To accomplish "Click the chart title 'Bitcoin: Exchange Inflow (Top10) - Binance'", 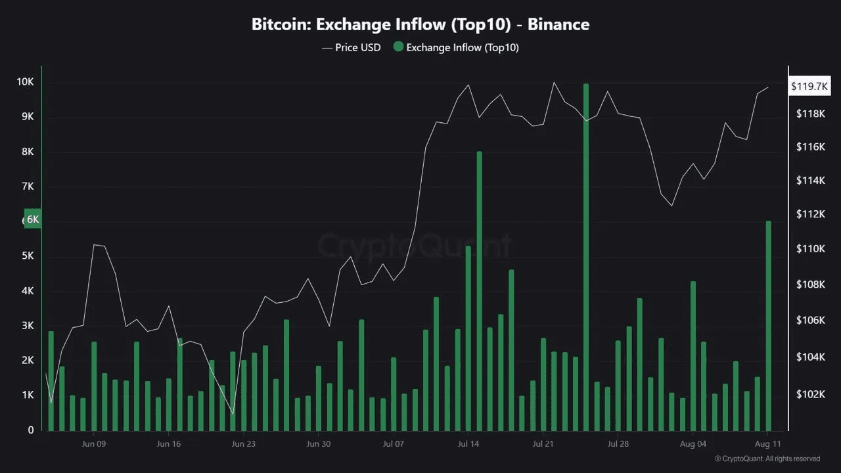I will point(420,25).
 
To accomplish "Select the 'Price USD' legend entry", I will point(352,47).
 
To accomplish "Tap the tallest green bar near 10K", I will point(586,256).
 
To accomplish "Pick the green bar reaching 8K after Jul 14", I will point(479,289).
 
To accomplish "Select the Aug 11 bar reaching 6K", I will point(768,325).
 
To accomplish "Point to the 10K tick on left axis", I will point(25,82).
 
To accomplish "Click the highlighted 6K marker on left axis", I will point(32,219).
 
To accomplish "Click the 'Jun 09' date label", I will point(93,444).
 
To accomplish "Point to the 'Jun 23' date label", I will point(243,444).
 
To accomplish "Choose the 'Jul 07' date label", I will point(393,444).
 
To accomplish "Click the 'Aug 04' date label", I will point(693,444).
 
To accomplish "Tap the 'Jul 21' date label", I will point(543,444).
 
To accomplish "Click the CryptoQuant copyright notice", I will point(767,459).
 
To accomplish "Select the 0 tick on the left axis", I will point(31,430).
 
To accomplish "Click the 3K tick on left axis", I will point(28,326).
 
